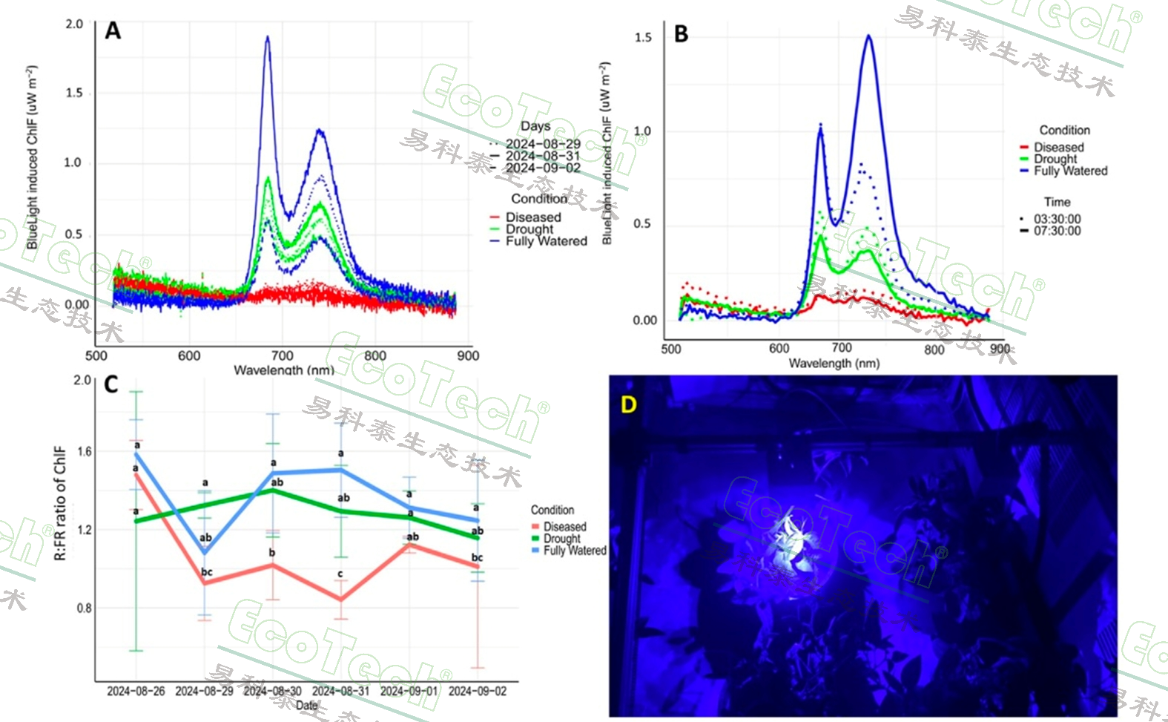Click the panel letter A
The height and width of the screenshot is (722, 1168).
113,30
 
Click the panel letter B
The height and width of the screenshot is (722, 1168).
681,34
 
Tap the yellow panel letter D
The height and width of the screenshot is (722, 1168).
628,404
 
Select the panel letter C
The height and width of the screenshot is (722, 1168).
111,385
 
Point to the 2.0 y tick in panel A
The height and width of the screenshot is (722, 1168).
74,24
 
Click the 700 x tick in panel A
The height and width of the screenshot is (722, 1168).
282,355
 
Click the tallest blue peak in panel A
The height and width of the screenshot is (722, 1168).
268,38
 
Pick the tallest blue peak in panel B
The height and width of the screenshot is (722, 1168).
868,36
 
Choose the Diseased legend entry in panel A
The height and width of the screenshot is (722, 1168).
532,217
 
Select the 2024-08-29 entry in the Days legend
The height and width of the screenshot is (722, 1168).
542,144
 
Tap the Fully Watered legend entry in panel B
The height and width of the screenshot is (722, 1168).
1070,171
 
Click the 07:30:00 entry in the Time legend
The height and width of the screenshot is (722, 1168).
1057,231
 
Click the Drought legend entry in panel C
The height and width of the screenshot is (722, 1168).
561,539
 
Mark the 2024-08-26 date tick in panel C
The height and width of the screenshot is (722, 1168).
136,691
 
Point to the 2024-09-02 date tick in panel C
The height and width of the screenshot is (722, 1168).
478,691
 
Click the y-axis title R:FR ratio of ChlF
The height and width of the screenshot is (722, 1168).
61,503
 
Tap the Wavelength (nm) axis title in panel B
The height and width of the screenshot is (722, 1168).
834,363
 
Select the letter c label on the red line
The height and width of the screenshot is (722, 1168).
340,574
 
